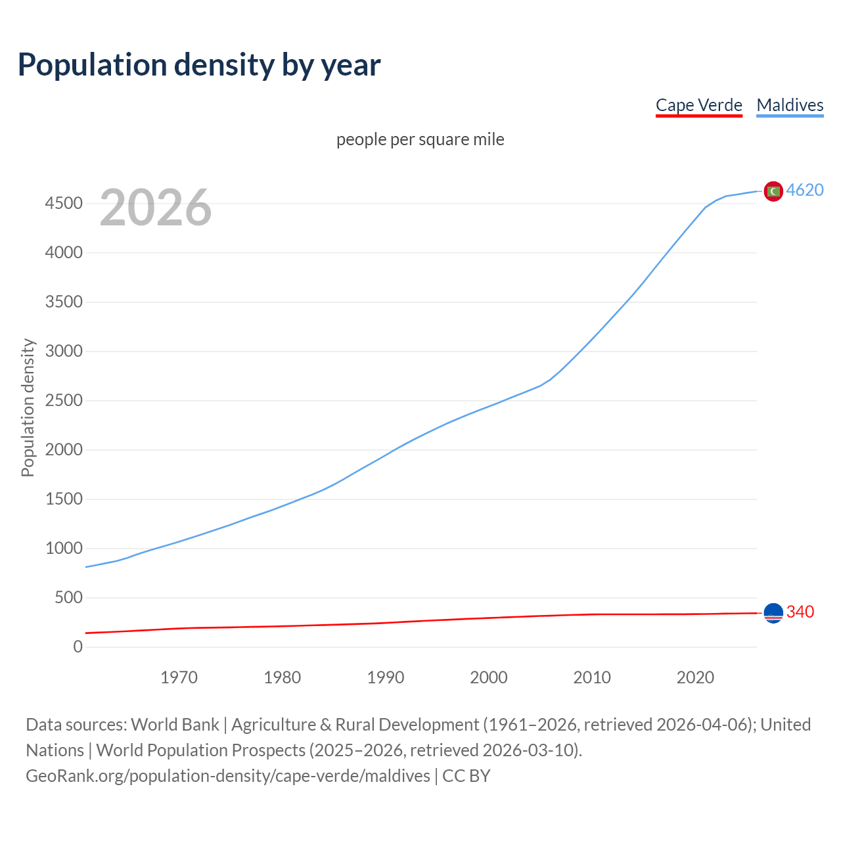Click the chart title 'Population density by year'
click(199, 64)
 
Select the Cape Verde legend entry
click(698, 105)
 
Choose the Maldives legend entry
click(790, 105)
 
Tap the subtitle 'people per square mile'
click(420, 139)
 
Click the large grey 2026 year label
click(156, 208)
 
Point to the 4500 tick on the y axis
click(64, 203)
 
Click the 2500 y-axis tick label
click(64, 400)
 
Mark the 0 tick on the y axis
click(78, 647)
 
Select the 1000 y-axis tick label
click(64, 548)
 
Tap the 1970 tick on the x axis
click(179, 677)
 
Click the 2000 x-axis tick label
click(488, 677)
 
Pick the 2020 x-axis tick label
click(695, 677)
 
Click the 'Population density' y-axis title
click(28, 407)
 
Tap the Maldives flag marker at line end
click(773, 191)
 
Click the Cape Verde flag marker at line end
click(773, 612)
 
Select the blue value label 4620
click(805, 190)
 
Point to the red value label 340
click(800, 612)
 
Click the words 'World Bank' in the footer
click(175, 724)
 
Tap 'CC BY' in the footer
click(466, 775)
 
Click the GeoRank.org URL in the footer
click(228, 775)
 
